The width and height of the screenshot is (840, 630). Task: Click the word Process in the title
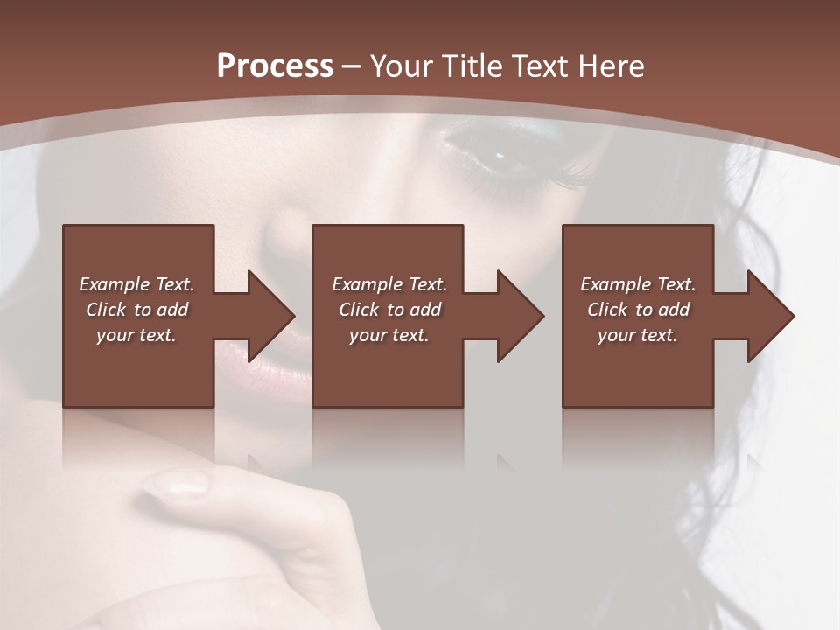pos(275,66)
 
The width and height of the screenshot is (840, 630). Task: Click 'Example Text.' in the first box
pos(136,284)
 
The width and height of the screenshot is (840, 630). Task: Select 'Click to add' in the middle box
pos(389,310)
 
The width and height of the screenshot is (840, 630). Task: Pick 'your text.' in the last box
pos(638,335)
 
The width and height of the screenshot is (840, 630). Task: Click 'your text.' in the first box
pos(136,335)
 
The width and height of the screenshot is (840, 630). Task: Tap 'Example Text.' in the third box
pos(638,284)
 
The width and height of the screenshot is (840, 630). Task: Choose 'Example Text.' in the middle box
pos(389,284)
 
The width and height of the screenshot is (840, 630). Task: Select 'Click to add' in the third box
pos(638,310)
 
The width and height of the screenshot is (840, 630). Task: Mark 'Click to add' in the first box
pos(136,310)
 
